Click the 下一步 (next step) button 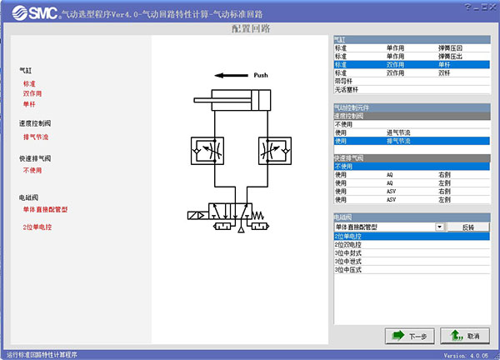pos(411,336)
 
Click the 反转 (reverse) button pos(466,227)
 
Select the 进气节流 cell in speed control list pos(400,132)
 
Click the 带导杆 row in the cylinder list pos(343,81)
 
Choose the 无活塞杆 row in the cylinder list pos(345,89)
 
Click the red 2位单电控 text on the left pos(38,227)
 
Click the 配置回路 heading pos(250,29)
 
